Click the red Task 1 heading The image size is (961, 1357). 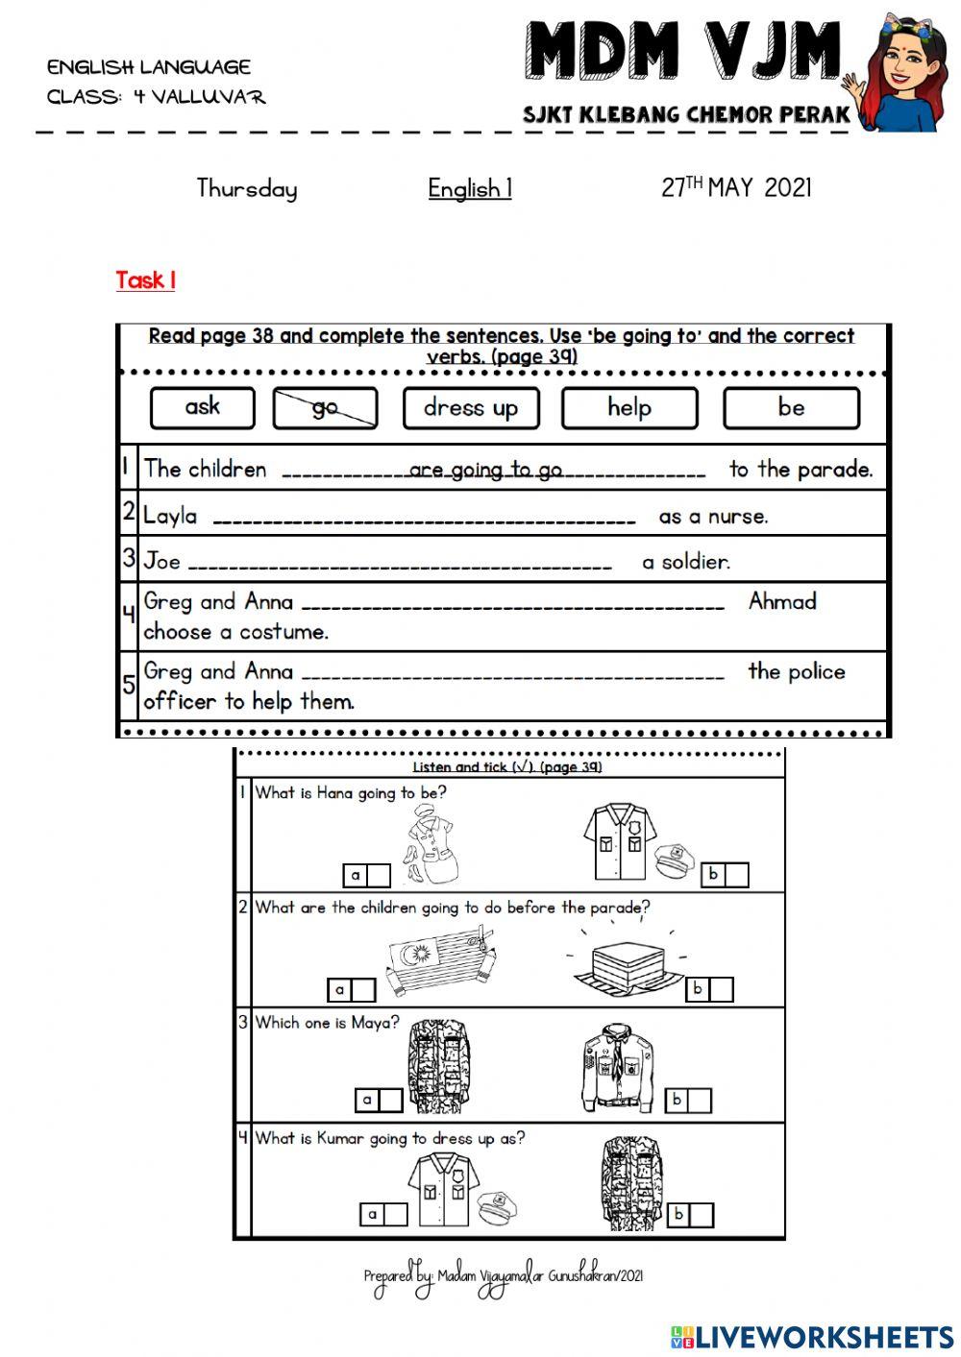tap(145, 280)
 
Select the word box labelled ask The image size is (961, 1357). tap(203, 407)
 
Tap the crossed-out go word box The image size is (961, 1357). tap(325, 408)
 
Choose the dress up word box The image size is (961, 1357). tap(471, 408)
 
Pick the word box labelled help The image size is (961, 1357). tap(629, 408)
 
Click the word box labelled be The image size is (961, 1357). tap(791, 408)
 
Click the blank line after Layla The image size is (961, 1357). tap(424, 520)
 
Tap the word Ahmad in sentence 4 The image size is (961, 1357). tap(782, 602)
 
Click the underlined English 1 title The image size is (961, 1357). tap(470, 188)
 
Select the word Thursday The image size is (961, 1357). tap(247, 188)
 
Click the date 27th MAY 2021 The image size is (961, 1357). tap(736, 187)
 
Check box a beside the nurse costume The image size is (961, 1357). tap(379, 875)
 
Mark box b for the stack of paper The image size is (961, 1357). tap(722, 989)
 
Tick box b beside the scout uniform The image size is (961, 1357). tap(700, 1100)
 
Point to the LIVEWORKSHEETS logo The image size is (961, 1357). tap(812, 1336)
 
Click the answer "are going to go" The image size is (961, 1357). tap(485, 470)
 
